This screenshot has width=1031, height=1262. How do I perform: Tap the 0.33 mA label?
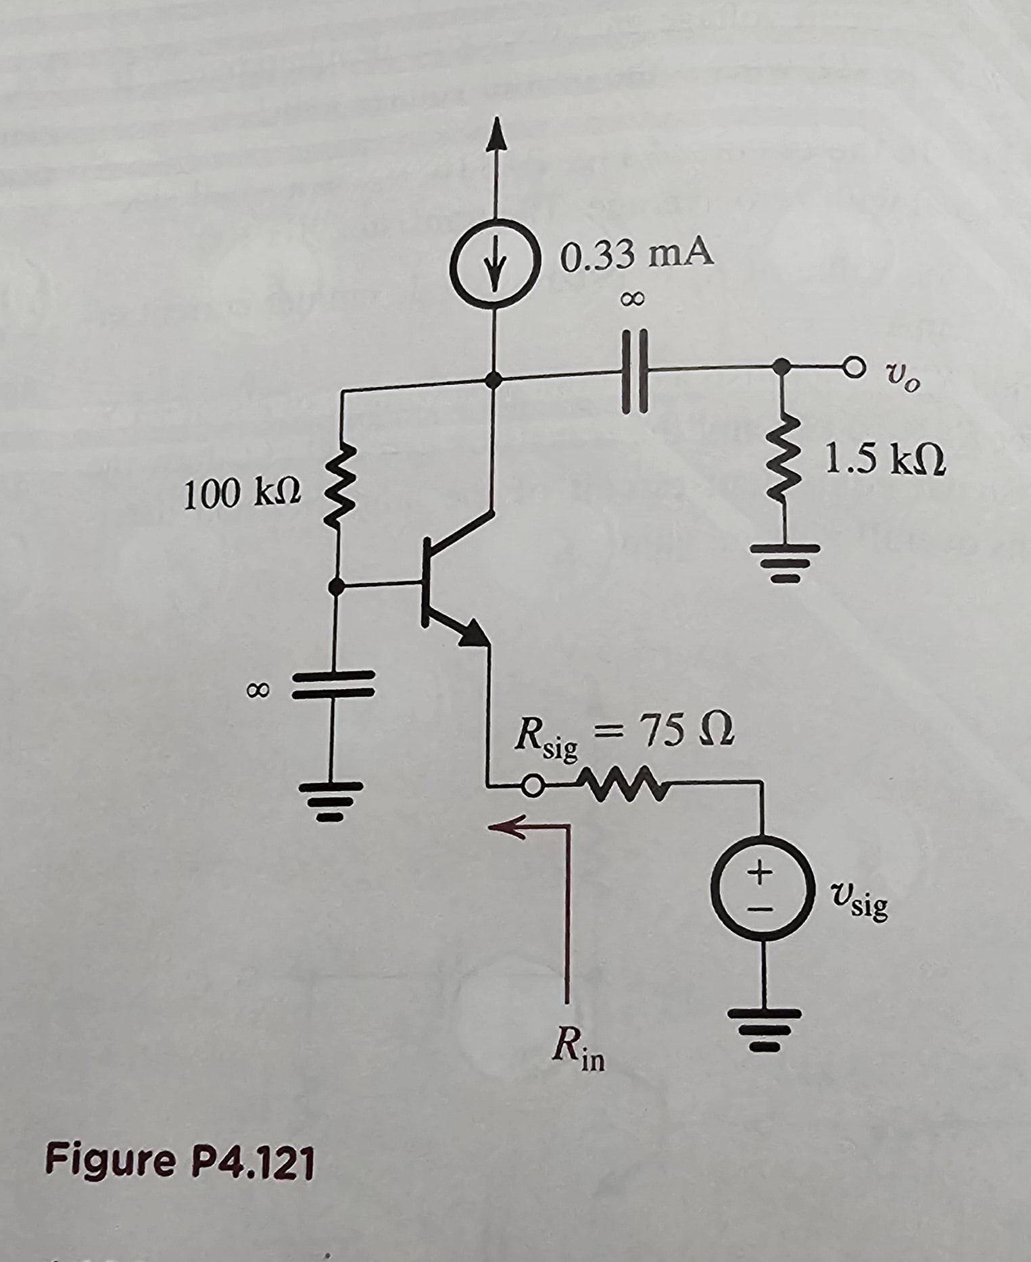[636, 255]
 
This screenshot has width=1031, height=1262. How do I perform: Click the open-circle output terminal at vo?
[853, 368]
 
